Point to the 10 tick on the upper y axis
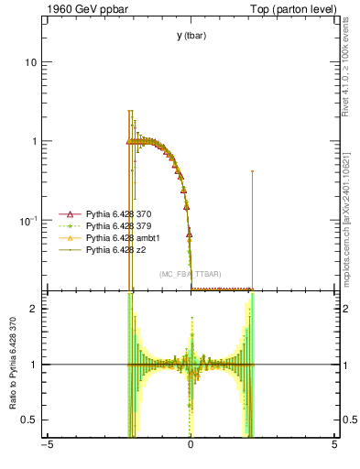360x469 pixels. pyautogui.click(x=30, y=62)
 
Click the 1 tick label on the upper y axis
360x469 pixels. pyautogui.click(x=33, y=141)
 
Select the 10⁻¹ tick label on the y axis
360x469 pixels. pyautogui.click(x=27, y=220)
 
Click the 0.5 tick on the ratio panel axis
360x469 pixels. pyautogui.click(x=28, y=420)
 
